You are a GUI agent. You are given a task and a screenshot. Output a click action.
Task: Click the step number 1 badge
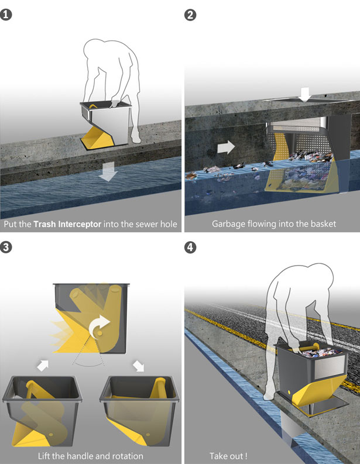coord(6,15)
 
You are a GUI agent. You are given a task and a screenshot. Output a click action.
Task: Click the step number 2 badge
coord(190,15)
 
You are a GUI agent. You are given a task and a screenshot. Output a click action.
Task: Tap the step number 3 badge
coord(6,247)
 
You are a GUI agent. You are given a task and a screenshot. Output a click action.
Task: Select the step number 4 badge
coord(190,247)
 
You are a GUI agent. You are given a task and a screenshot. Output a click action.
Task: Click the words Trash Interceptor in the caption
coord(67,224)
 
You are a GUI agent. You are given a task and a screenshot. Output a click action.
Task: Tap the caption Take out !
coord(228,456)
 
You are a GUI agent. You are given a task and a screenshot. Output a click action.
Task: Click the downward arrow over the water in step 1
coord(108,171)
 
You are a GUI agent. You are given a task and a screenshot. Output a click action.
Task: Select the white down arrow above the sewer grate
coord(305,94)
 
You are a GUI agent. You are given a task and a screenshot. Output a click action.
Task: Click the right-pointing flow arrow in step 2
coord(226,147)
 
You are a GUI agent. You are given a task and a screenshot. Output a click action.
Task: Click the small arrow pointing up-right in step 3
coord(43,366)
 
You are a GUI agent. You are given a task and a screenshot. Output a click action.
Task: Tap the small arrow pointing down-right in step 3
coord(138,366)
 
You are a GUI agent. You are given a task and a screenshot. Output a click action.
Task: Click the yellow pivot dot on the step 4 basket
coord(289,392)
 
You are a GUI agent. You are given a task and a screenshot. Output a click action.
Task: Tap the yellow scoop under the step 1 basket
coord(98,137)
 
